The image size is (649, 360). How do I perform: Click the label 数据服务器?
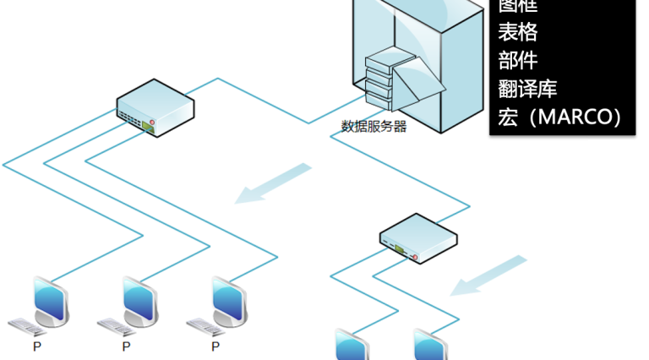(x=374, y=127)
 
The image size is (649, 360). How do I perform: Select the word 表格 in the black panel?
(x=518, y=33)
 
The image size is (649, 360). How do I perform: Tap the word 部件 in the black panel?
(x=518, y=61)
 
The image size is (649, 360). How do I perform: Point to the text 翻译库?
(x=528, y=89)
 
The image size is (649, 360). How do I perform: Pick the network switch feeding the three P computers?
(x=155, y=106)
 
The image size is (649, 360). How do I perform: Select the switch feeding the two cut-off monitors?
(x=417, y=237)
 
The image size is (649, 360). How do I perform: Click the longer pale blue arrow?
(x=273, y=183)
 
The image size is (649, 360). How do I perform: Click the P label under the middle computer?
(x=126, y=346)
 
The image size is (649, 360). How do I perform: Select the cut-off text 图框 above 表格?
(x=518, y=6)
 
